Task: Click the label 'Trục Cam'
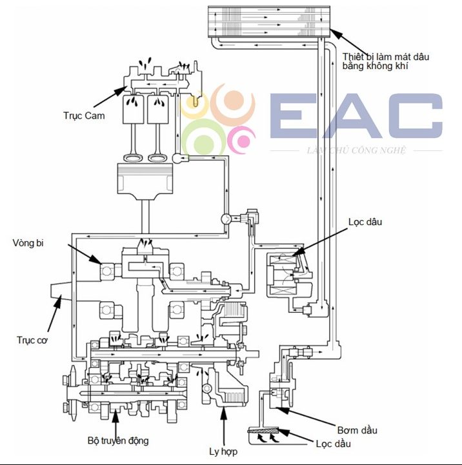[84, 115]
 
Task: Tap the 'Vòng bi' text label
[28, 243]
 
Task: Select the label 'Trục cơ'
[32, 340]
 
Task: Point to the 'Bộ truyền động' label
[118, 440]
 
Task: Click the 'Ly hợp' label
[223, 451]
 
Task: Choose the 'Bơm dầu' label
[357, 430]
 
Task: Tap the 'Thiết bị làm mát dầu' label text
[386, 57]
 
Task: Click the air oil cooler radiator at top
[269, 22]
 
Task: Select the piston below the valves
[145, 179]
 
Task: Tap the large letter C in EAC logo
[419, 115]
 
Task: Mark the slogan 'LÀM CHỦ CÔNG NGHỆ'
[356, 150]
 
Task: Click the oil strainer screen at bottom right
[263, 430]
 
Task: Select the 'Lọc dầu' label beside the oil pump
[333, 444]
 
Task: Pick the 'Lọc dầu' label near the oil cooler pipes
[365, 222]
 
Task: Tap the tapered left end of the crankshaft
[61, 292]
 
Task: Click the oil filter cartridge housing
[289, 274]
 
